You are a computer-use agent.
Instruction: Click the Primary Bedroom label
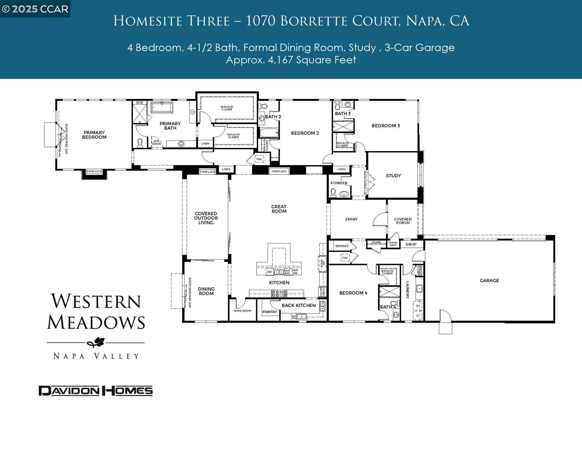[94, 135]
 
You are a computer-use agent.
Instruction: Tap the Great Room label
[279, 209]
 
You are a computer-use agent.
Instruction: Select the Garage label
[489, 281]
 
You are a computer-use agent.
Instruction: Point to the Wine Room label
[242, 311]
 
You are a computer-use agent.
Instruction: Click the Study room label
[393, 176]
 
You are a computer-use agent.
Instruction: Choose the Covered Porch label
[402, 221]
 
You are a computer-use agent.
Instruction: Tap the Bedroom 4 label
[353, 293]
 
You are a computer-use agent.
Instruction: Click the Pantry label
[270, 312]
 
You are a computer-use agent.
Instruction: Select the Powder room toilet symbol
[333, 192]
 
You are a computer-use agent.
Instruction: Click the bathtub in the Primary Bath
[162, 107]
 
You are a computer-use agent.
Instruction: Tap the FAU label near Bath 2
[259, 159]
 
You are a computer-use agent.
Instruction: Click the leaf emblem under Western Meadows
[96, 342]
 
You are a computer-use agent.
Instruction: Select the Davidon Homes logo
[96, 391]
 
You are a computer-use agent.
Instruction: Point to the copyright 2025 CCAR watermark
[35, 9]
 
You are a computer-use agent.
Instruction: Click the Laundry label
[407, 289]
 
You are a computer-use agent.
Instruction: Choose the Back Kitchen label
[298, 305]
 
